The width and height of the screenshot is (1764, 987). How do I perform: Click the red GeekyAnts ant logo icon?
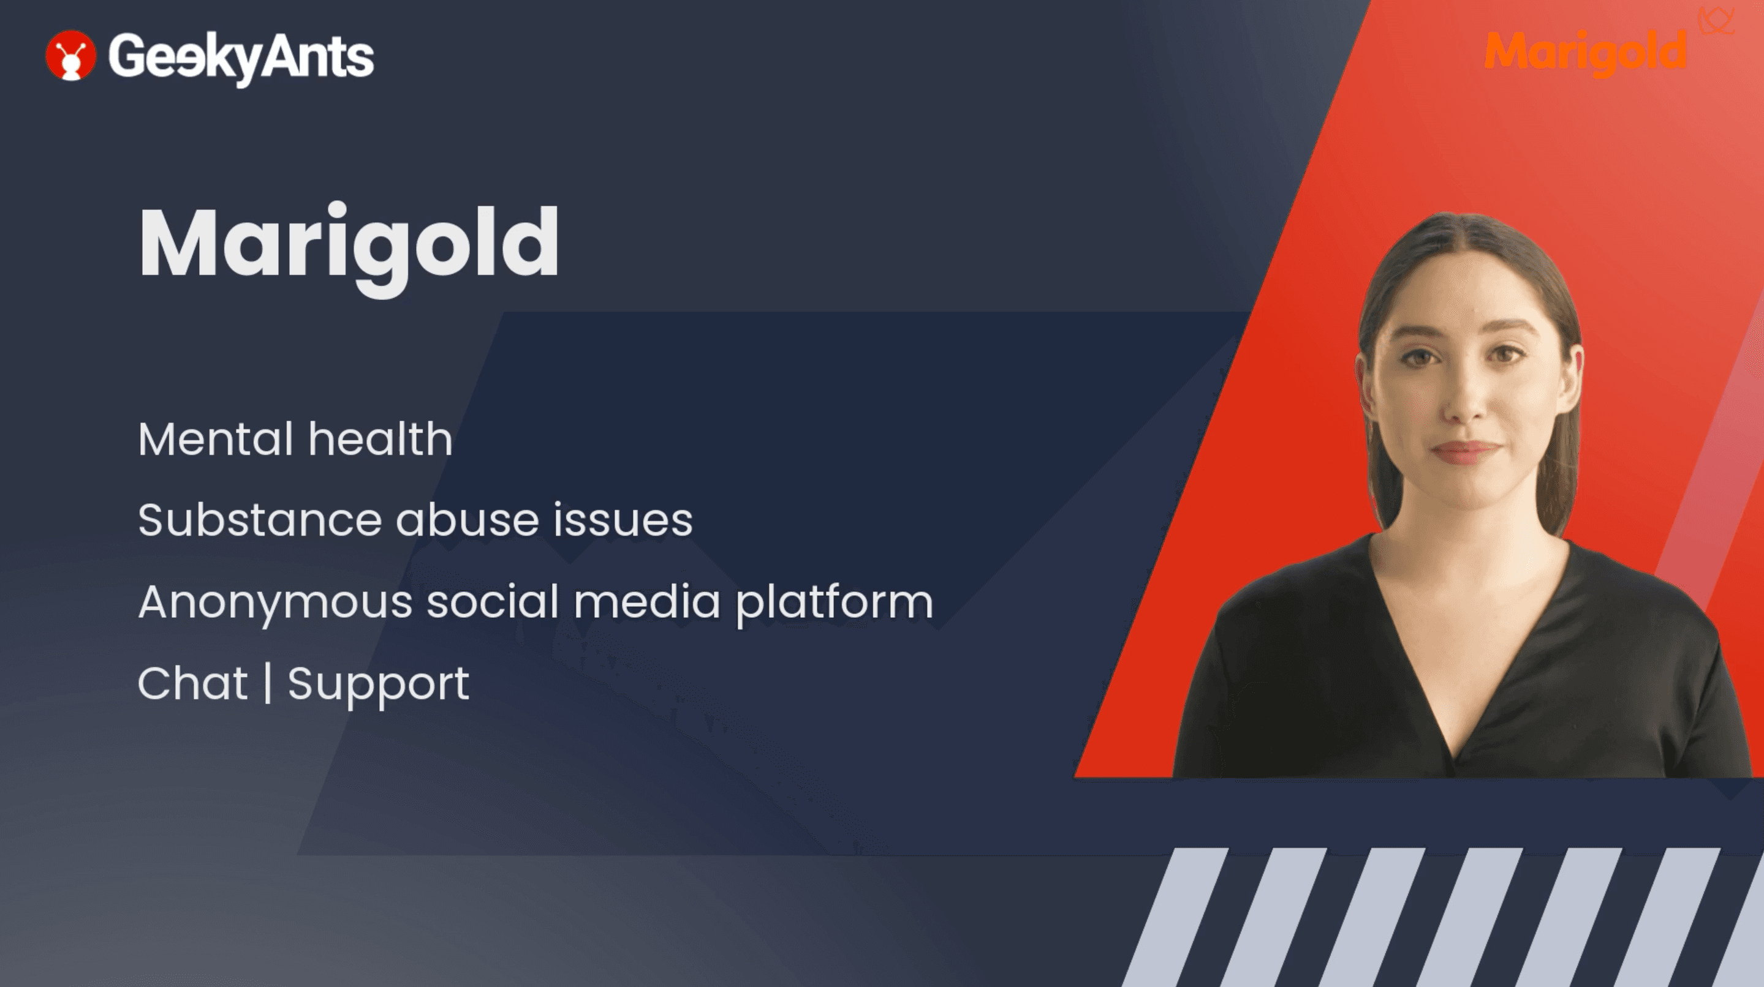point(70,56)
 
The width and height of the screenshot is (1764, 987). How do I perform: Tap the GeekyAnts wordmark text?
point(241,58)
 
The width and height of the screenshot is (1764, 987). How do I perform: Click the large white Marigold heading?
point(349,249)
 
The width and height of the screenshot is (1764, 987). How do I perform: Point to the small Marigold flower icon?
point(1717,21)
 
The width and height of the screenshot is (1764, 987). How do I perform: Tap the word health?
point(380,439)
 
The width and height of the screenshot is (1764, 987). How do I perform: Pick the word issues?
point(623,520)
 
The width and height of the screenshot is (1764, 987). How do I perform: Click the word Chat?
point(192,683)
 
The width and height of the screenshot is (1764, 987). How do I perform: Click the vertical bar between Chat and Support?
point(268,683)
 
